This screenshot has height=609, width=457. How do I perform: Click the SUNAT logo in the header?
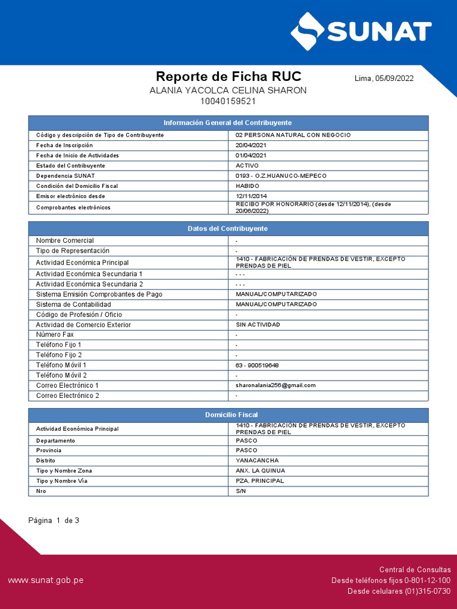click(361, 30)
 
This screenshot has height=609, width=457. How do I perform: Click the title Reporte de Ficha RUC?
click(228, 76)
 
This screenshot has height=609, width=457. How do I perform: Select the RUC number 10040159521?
click(228, 101)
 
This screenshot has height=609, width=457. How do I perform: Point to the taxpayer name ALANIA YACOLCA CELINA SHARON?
click(228, 90)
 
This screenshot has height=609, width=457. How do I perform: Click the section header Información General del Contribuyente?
click(228, 123)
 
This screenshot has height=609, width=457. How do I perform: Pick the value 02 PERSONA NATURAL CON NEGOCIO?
click(293, 135)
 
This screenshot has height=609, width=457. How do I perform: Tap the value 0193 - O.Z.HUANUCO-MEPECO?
click(281, 175)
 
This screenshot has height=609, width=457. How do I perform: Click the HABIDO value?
click(248, 186)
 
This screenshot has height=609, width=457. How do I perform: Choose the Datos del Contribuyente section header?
click(228, 228)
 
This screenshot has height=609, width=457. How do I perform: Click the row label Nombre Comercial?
click(65, 240)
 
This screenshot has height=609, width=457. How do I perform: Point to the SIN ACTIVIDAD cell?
click(258, 325)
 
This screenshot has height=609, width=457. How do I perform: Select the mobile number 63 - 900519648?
click(257, 365)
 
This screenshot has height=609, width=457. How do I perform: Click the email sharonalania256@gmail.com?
click(276, 385)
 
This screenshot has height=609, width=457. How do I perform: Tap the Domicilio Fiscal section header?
click(228, 415)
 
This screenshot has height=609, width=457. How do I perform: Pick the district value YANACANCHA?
click(257, 460)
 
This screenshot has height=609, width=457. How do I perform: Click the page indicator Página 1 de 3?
click(54, 520)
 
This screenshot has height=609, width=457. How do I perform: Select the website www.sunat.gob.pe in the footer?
click(46, 580)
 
